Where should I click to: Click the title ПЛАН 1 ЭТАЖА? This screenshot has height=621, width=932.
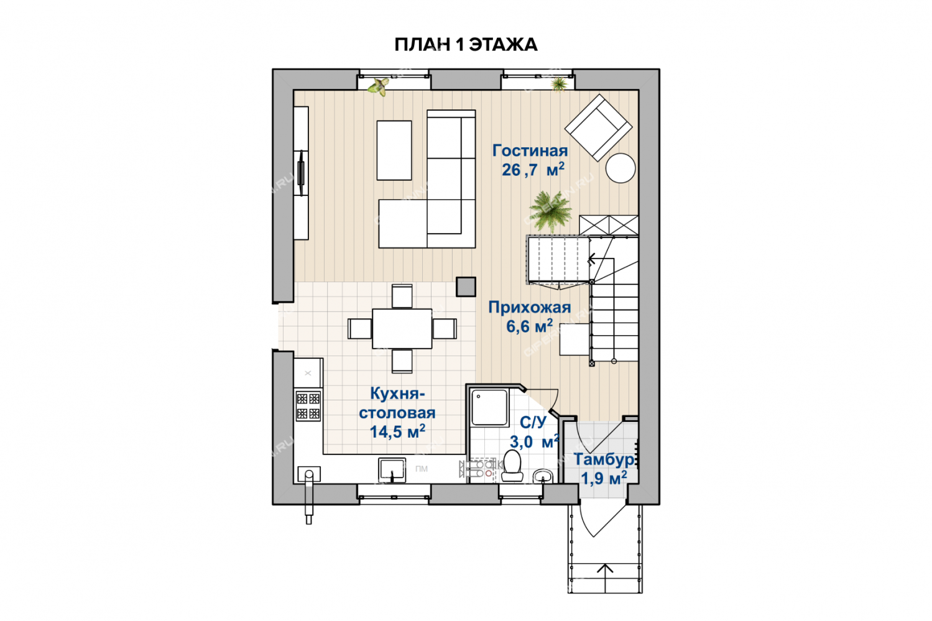pos(466,45)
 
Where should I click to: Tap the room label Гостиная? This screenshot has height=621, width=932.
pos(530,150)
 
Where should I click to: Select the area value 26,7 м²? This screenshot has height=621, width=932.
pos(533,169)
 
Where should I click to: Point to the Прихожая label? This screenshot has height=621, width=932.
pos(529,307)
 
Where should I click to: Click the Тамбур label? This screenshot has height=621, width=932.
pos(604,459)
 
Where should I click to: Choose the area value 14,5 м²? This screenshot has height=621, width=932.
pos(397,431)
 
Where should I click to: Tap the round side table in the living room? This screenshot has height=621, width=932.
pos(621,168)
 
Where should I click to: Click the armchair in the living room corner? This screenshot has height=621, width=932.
pos(598,127)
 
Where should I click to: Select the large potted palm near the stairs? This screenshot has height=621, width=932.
pos(550,211)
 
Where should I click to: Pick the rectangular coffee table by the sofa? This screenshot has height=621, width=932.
pos(394,150)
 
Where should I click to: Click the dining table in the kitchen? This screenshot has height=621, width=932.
pos(402,329)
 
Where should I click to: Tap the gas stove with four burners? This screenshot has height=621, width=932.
pos(308,406)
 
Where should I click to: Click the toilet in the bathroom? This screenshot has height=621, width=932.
pos(512,466)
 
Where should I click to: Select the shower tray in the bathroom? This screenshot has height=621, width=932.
pos(490,407)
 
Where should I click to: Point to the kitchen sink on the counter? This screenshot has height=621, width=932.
pos(392,470)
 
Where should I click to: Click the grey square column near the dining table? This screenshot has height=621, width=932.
pos(466,287)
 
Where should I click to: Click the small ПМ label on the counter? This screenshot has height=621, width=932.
pos(422,469)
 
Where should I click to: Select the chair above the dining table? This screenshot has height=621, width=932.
pos(402,296)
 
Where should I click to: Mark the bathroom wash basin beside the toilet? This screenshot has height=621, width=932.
pos(543,476)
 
